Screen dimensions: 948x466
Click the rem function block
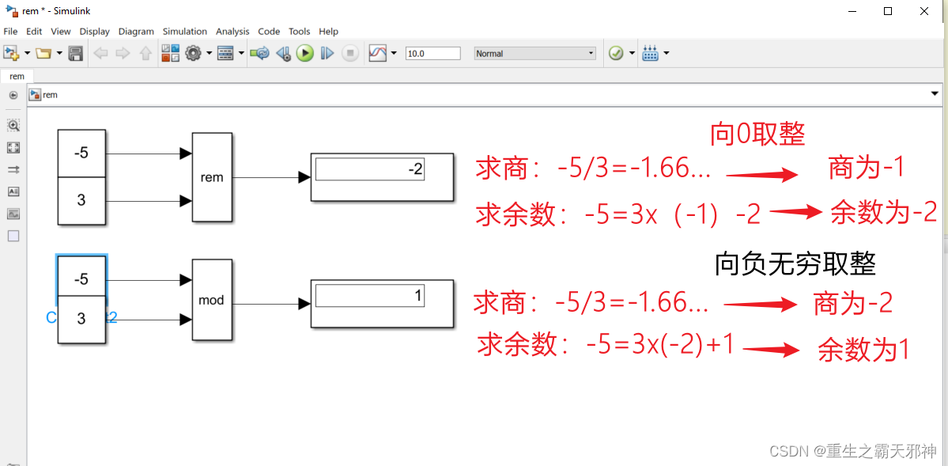coord(212,177)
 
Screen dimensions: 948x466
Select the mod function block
coord(212,300)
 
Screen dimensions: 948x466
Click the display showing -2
coord(382,176)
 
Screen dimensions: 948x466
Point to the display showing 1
coord(382,303)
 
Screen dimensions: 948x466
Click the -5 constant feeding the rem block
coord(81,153)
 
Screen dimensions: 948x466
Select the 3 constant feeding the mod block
coord(81,320)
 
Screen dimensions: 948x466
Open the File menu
coord(10,32)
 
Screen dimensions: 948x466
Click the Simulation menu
coord(185,32)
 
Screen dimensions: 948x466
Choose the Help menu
coord(328,32)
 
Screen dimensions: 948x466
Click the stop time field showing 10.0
coord(432,54)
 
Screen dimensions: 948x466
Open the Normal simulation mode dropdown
coord(534,54)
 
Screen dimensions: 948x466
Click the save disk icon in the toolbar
coord(76,54)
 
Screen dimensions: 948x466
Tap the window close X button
coord(924,11)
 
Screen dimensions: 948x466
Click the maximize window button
coord(888,11)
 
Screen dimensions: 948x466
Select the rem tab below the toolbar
coord(17,77)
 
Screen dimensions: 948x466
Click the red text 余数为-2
coord(883,213)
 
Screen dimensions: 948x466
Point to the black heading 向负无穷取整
coord(795,263)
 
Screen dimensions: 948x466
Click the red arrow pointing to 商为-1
coord(761,174)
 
